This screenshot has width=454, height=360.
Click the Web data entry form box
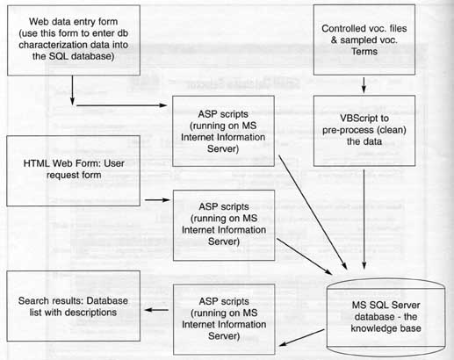click(74, 40)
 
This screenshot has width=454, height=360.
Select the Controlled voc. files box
click(364, 40)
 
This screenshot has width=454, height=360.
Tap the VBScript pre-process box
click(364, 131)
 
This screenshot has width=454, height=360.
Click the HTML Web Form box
click(73, 170)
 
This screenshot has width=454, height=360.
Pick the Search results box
click(74, 306)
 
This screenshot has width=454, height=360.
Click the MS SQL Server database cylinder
click(386, 317)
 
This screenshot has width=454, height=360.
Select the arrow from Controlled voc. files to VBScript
click(364, 85)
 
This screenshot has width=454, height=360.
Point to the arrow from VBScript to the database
click(364, 220)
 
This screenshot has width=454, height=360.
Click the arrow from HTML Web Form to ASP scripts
click(157, 200)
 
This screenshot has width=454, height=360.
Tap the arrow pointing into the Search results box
click(156, 310)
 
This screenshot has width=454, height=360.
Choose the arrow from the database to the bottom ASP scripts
click(302, 337)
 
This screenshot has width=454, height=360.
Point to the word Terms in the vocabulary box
click(364, 52)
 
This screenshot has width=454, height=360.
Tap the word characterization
click(49, 45)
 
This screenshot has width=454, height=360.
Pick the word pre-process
click(342, 130)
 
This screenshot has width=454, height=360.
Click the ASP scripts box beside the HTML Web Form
click(224, 225)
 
